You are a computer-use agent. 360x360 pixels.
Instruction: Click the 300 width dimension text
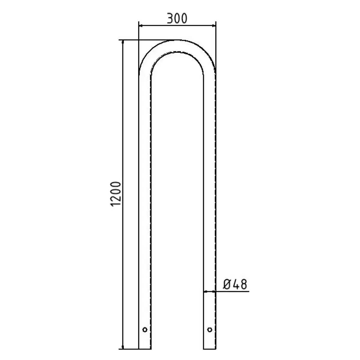177,19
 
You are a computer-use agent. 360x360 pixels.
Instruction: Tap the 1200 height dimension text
116,194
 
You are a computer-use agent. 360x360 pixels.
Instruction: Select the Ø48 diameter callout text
235,284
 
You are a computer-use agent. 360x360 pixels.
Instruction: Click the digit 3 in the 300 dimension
170,19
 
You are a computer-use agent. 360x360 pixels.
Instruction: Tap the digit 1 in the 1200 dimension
116,203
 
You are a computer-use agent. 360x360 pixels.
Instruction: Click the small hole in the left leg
145,330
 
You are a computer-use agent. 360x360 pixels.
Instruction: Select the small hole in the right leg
210,330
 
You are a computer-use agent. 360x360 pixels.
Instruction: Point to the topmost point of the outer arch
177,40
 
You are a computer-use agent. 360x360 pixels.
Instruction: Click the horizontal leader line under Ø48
231,291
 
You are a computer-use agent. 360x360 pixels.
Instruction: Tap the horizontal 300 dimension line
177,25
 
